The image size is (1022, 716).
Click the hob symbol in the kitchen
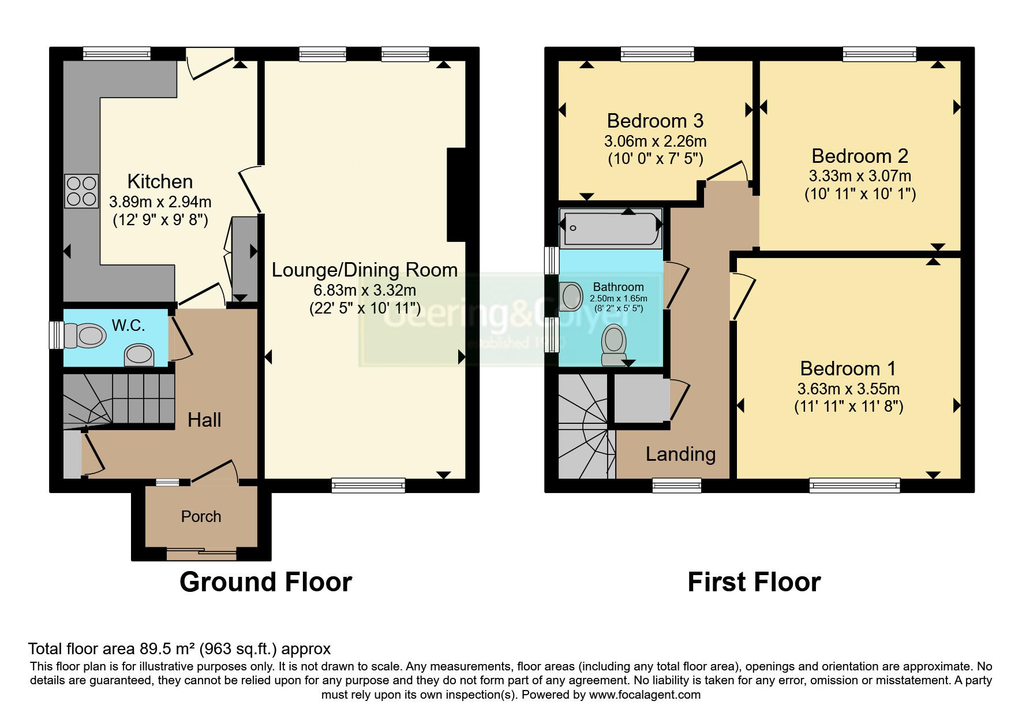coord(81,191)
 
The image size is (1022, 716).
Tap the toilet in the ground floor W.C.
coord(85,335)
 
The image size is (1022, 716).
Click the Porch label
coord(201,516)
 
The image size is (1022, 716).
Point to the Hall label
coord(204,420)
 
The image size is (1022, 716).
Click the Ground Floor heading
coord(265,582)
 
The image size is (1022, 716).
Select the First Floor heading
coord(754,582)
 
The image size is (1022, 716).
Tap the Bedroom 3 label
coord(655,121)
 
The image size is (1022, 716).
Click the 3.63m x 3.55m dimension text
coord(848,389)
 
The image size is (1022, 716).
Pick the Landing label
coord(680,454)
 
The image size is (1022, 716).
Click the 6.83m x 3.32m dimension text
coord(364,290)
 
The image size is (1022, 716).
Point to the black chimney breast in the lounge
coord(456,195)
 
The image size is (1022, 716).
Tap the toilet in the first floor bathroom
coord(613,344)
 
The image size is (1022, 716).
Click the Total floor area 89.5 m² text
coord(179,649)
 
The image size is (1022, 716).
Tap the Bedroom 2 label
coord(859,156)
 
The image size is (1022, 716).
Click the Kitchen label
coord(160,181)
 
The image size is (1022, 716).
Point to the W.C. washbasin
coord(139,355)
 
